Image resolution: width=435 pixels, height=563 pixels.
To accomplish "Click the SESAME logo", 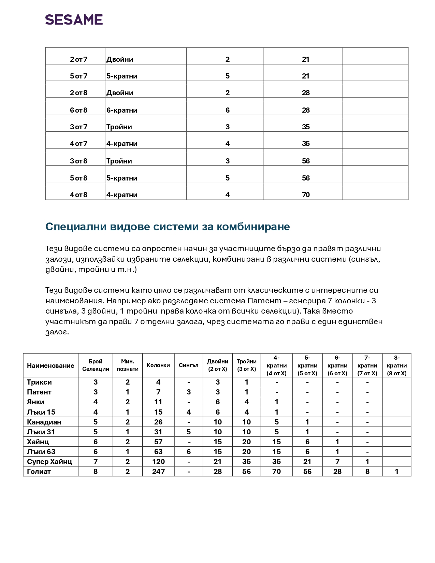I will point(74,20).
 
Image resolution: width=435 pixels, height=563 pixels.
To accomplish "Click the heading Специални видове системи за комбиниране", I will point(168,227).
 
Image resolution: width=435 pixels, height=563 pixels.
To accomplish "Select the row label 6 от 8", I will point(78,110).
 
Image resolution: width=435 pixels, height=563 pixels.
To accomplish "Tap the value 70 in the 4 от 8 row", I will point(306,195).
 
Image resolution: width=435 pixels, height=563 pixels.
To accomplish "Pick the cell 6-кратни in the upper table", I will point(122,110).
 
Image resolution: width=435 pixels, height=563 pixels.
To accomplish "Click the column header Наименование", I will point(50,365).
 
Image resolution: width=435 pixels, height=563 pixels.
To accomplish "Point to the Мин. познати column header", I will point(128,365).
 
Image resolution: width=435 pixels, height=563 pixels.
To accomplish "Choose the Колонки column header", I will point(158,365).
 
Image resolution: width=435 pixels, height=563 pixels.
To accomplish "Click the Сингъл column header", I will point(188,365).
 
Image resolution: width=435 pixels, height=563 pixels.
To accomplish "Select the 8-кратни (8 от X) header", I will point(396,365).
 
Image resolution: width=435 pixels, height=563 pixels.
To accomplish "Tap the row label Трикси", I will point(39,382).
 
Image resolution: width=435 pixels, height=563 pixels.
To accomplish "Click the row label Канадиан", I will point(44,422).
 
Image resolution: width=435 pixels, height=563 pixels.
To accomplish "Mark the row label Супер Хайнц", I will point(49,462).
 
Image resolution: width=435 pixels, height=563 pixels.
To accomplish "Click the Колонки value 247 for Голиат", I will point(158,472).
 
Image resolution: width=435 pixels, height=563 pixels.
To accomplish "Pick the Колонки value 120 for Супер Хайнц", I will point(158,462).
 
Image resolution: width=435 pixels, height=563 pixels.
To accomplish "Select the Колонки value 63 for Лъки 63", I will point(158,452).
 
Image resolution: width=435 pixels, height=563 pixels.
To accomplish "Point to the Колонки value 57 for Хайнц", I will point(158,442).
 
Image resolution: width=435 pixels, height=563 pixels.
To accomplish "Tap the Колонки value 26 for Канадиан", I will point(158,422).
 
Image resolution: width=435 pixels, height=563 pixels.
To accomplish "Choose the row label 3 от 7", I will point(78,127).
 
